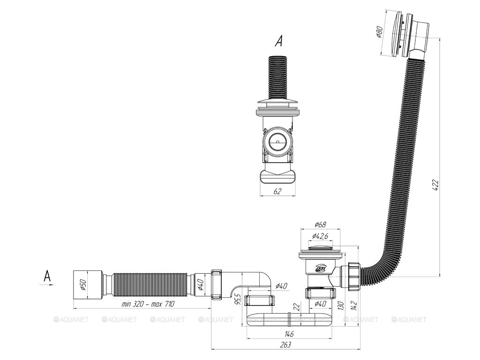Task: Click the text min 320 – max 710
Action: pyautogui.click(x=148, y=304)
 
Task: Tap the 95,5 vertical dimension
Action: pyautogui.click(x=238, y=298)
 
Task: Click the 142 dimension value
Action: pyautogui.click(x=356, y=305)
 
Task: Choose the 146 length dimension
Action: pyautogui.click(x=289, y=334)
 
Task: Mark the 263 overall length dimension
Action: pyautogui.click(x=285, y=345)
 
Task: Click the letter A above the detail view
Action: pyautogui.click(x=278, y=42)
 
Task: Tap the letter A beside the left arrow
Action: pyautogui.click(x=47, y=276)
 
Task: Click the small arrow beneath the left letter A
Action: pyautogui.click(x=49, y=284)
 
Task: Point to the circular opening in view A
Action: pyautogui.click(x=277, y=140)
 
